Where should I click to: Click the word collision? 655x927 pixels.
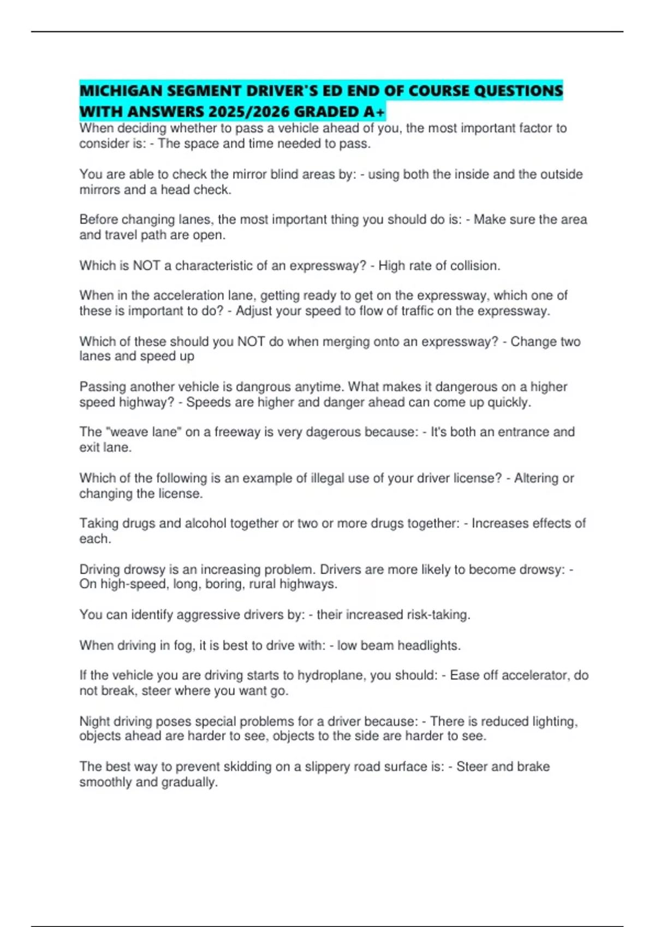pyautogui.click(x=474, y=266)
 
